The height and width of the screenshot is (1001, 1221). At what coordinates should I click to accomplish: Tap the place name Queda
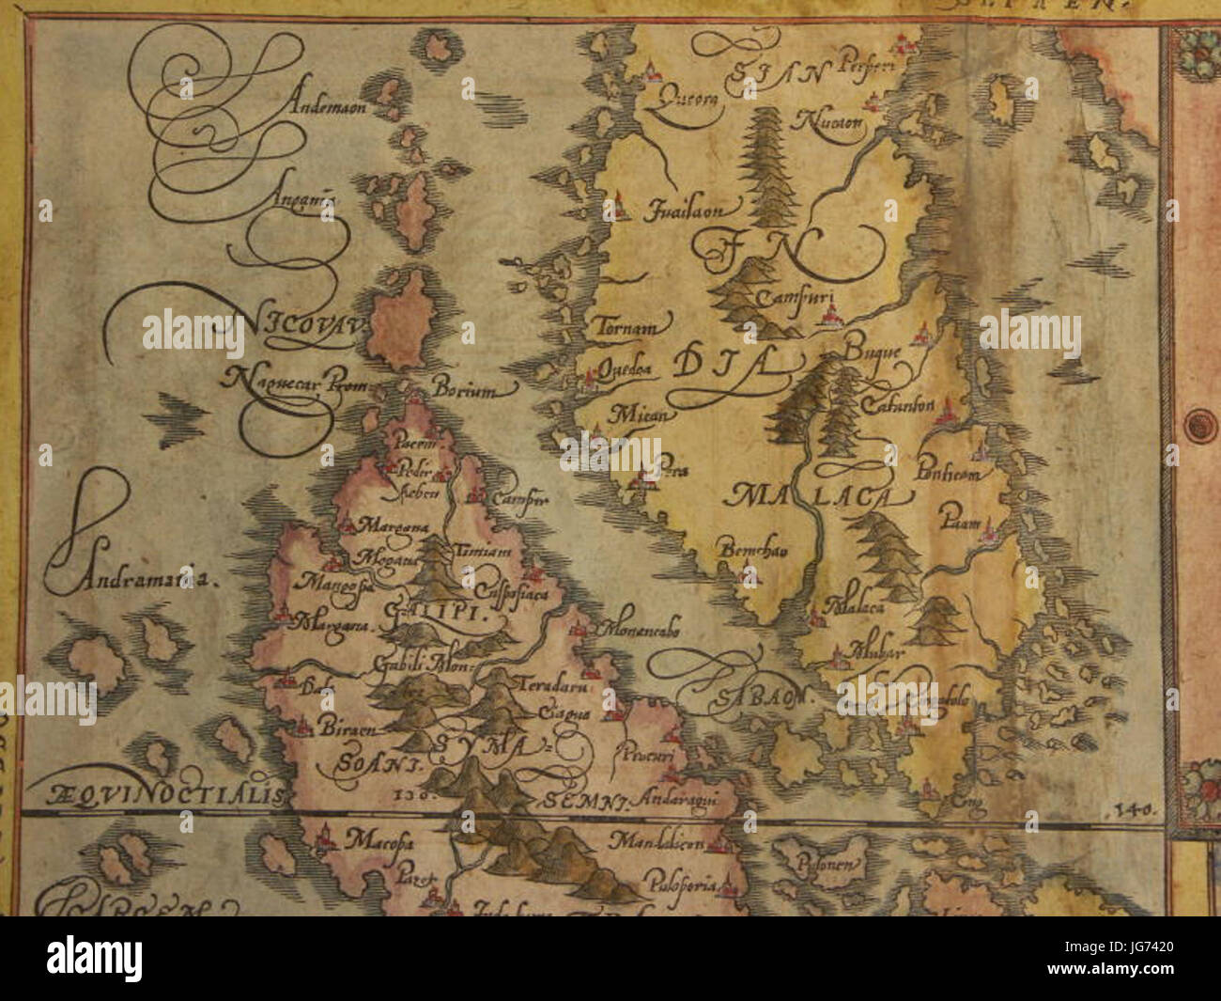tap(625, 369)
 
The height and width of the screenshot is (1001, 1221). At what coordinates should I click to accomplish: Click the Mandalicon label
tap(667, 839)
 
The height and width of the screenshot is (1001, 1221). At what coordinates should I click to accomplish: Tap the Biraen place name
tap(343, 729)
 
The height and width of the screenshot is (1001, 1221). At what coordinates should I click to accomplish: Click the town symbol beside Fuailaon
tap(619, 203)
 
